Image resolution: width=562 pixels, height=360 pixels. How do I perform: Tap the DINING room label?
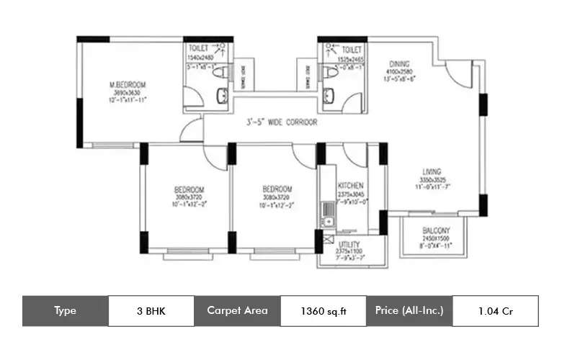click(x=400, y=63)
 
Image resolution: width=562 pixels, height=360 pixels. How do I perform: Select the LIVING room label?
click(x=432, y=171)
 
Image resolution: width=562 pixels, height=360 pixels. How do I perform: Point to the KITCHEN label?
click(x=350, y=186)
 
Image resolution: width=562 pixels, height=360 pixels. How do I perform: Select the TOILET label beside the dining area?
click(x=352, y=48)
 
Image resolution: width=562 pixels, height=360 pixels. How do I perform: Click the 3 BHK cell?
click(x=151, y=311)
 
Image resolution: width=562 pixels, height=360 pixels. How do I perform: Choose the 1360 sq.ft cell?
click(x=323, y=311)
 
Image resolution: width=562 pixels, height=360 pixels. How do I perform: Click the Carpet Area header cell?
click(x=237, y=311)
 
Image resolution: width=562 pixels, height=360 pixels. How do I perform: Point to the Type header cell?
click(x=65, y=311)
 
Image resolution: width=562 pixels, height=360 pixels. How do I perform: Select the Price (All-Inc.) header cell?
click(x=409, y=311)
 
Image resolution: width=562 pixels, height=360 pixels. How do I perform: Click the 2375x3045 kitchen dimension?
click(x=351, y=194)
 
